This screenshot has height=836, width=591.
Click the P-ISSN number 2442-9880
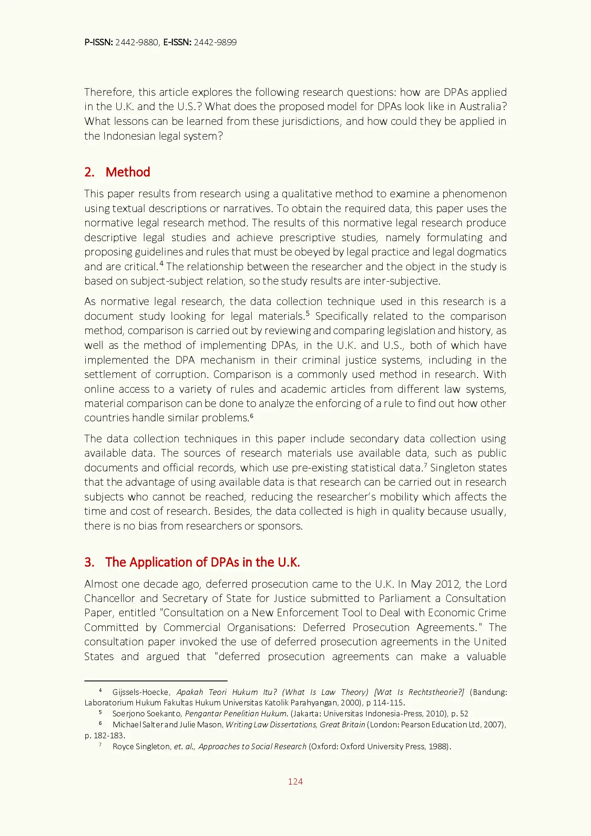coord(137,42)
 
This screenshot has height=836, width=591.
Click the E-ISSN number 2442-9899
coord(215,42)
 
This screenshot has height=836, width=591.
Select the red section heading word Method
coord(128,172)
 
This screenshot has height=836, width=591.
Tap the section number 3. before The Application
coord(89,562)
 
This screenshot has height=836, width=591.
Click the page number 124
coord(295,781)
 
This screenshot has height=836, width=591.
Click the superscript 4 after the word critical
coord(162,264)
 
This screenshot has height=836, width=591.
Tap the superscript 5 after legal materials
coord(308,313)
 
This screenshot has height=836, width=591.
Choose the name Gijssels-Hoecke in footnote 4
coord(141,692)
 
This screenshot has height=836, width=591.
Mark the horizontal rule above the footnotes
coord(155,681)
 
